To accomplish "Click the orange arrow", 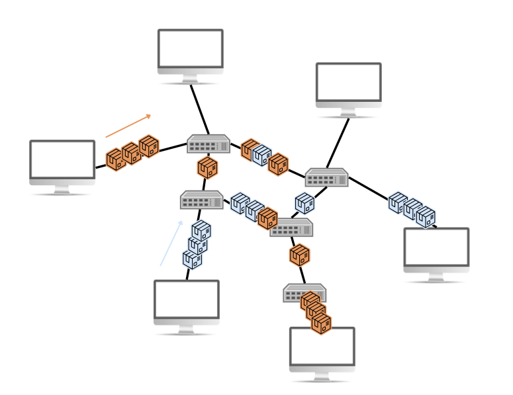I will click(x=128, y=126).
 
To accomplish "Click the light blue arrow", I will click(x=171, y=243).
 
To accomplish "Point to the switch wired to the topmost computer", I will click(x=209, y=144).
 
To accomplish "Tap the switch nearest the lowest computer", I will click(x=304, y=292).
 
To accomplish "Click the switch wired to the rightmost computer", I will click(x=326, y=177).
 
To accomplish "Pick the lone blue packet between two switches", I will click(x=304, y=203).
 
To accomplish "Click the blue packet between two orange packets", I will click(x=261, y=155).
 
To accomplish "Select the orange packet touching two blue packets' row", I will click(x=267, y=218).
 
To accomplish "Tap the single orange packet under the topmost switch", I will click(x=207, y=167).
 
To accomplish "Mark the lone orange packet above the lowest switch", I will click(x=299, y=255).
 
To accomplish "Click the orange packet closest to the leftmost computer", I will click(x=116, y=159).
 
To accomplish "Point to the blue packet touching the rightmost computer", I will click(x=426, y=216).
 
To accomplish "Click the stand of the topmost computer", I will click(x=190, y=79).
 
